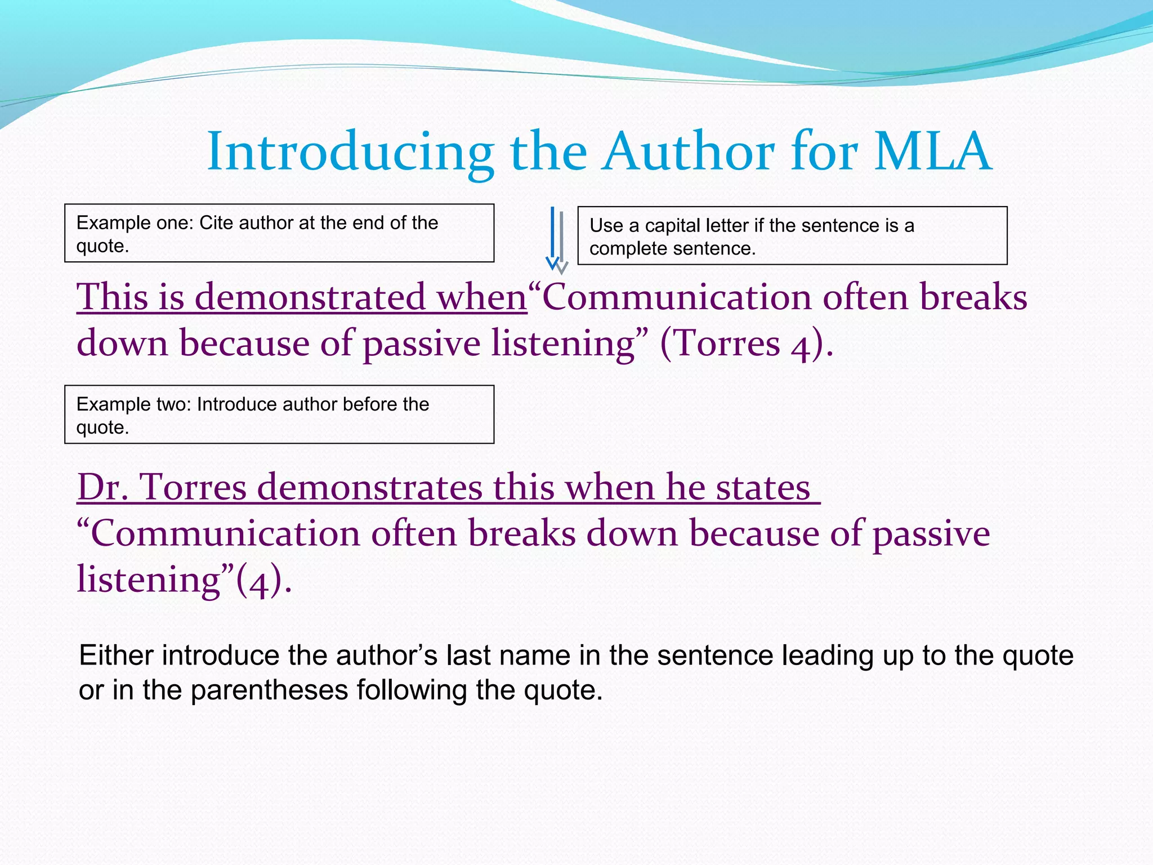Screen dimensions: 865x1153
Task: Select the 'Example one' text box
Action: pos(279,233)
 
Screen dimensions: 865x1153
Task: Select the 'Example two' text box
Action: pos(279,414)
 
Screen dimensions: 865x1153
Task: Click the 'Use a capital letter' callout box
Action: pos(792,236)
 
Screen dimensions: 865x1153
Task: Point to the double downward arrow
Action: pos(557,240)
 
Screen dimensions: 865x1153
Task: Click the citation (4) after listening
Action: pos(258,580)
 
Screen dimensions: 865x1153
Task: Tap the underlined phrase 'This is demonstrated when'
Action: pos(302,297)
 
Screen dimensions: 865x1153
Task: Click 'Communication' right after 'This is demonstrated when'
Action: pos(676,297)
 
